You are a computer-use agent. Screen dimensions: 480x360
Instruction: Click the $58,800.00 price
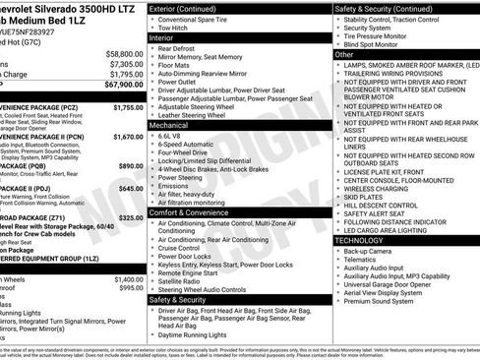(x=123, y=54)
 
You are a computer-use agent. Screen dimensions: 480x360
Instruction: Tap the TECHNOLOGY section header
(x=360, y=240)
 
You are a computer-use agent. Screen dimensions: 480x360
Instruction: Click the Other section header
(x=344, y=55)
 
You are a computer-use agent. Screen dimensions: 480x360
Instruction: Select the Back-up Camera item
(x=369, y=251)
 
